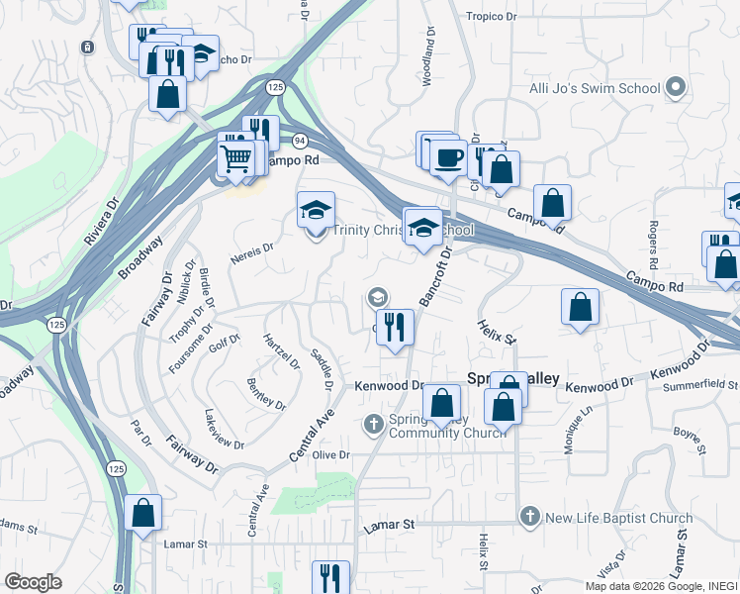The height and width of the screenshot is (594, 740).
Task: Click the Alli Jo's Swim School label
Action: [591, 88]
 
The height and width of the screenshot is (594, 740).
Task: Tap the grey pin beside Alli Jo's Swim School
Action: [677, 88]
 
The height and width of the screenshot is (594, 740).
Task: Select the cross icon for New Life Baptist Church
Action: [530, 517]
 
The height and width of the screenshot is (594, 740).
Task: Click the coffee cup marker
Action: [448, 158]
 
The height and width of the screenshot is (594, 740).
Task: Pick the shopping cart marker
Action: [235, 158]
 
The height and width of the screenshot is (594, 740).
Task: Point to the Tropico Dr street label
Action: [491, 17]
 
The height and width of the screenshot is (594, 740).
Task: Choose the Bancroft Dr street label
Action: [434, 274]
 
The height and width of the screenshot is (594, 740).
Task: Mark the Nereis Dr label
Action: [251, 252]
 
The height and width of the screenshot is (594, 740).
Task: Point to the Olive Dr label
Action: [331, 454]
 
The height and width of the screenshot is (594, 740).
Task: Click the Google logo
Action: [33, 582]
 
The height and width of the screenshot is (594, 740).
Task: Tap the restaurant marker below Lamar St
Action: [330, 576]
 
